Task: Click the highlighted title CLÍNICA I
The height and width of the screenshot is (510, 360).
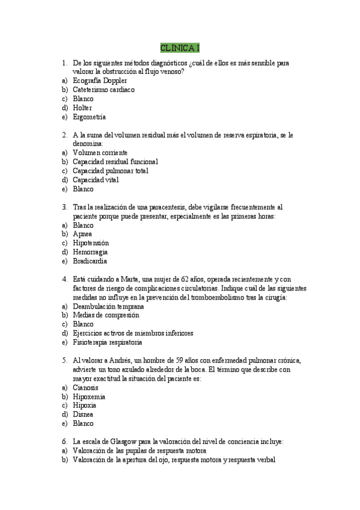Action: [x=180, y=48]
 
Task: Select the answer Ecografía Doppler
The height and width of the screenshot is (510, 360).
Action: [x=99, y=81]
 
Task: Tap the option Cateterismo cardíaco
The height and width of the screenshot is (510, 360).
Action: [x=103, y=90]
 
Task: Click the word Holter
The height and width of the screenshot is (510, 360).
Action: [x=82, y=108]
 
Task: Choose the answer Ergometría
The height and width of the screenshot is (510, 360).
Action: [x=89, y=117]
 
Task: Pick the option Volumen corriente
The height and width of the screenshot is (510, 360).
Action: [x=100, y=153]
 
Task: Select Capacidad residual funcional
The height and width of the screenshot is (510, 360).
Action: [x=115, y=162]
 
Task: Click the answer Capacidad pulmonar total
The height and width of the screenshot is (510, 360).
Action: [x=111, y=171]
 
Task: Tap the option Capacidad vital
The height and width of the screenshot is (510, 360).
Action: [x=96, y=180]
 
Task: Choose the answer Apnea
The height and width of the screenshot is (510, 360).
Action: [x=82, y=234]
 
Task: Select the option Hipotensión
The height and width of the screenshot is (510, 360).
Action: [x=91, y=243]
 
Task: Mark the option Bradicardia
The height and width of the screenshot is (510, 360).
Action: [x=90, y=261]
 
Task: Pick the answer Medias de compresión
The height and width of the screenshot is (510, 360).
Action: [x=106, y=315]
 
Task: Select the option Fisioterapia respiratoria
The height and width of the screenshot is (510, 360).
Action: [x=108, y=342]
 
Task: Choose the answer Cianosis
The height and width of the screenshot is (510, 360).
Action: [x=85, y=387]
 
